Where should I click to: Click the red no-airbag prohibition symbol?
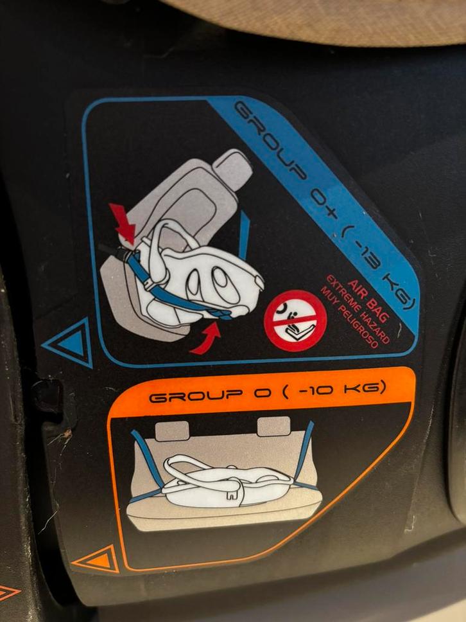295,321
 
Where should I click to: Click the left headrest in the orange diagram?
171,431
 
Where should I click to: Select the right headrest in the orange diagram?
274,426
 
